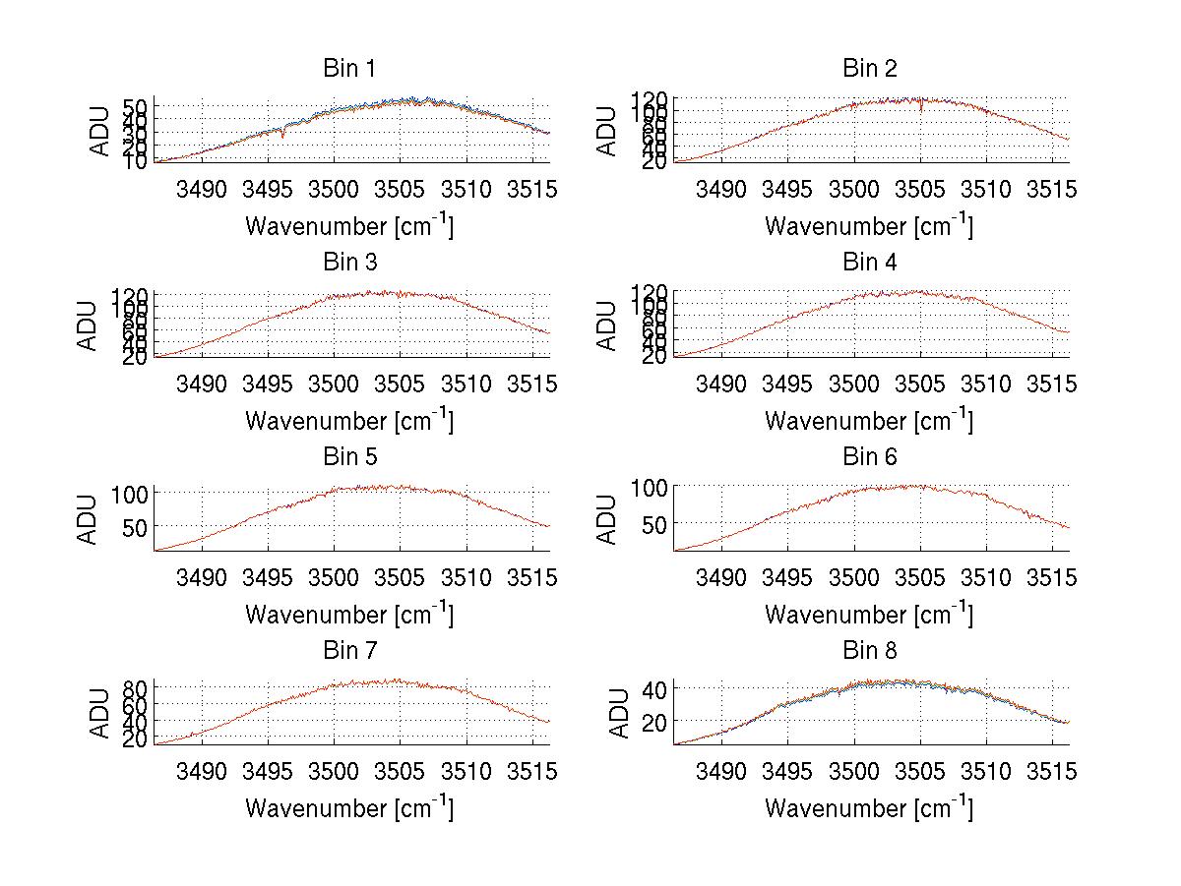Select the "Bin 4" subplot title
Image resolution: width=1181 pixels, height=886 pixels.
click(x=869, y=263)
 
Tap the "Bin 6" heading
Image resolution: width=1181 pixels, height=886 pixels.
click(x=869, y=456)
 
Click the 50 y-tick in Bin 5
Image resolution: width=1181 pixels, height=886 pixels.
click(x=134, y=526)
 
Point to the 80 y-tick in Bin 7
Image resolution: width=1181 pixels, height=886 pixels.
click(x=134, y=687)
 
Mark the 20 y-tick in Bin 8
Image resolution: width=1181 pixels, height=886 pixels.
click(x=653, y=721)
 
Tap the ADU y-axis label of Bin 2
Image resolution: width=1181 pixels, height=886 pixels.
click(x=608, y=131)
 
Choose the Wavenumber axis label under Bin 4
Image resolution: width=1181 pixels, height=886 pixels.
click(x=869, y=420)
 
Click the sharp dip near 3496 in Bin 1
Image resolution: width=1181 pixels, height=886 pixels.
click(x=283, y=135)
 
